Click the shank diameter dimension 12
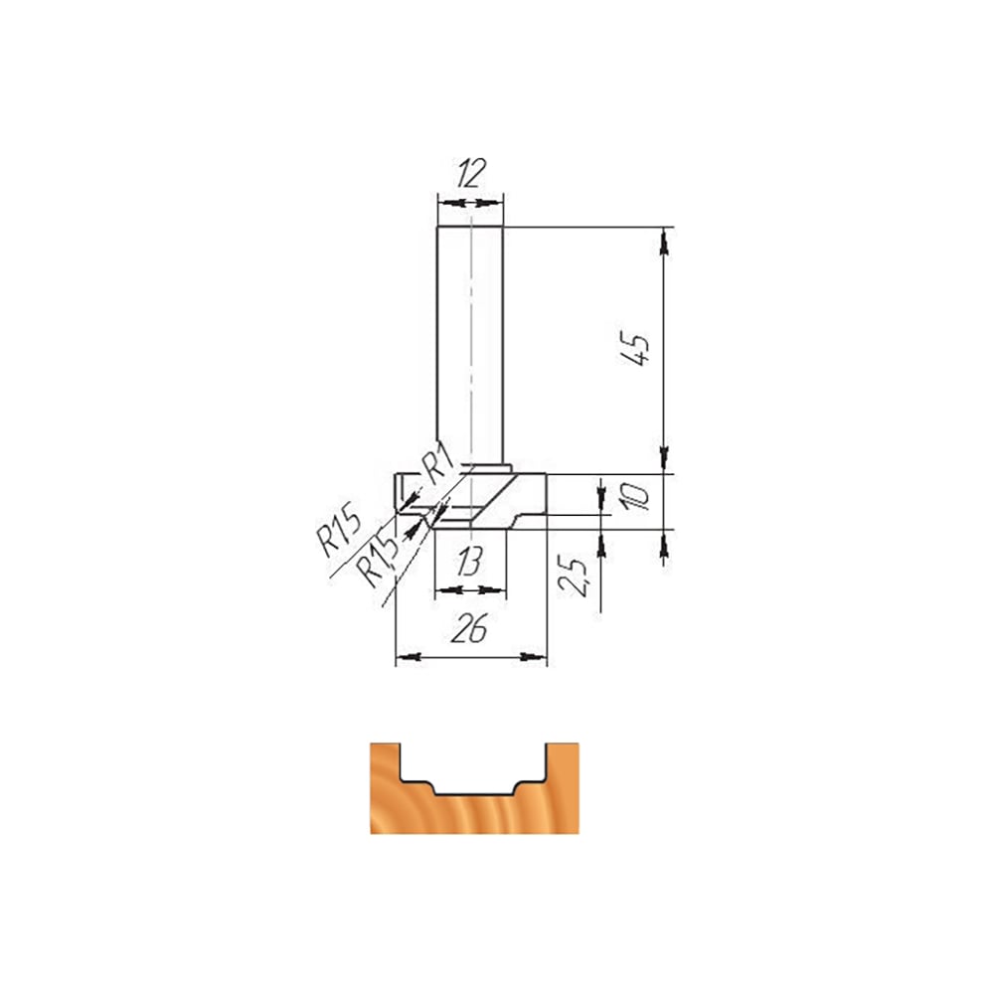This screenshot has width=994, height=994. (470, 173)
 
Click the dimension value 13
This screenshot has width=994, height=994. (469, 562)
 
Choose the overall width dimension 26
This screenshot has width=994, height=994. (469, 629)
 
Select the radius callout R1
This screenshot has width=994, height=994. (436, 463)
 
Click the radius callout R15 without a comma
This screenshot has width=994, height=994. (339, 528)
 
